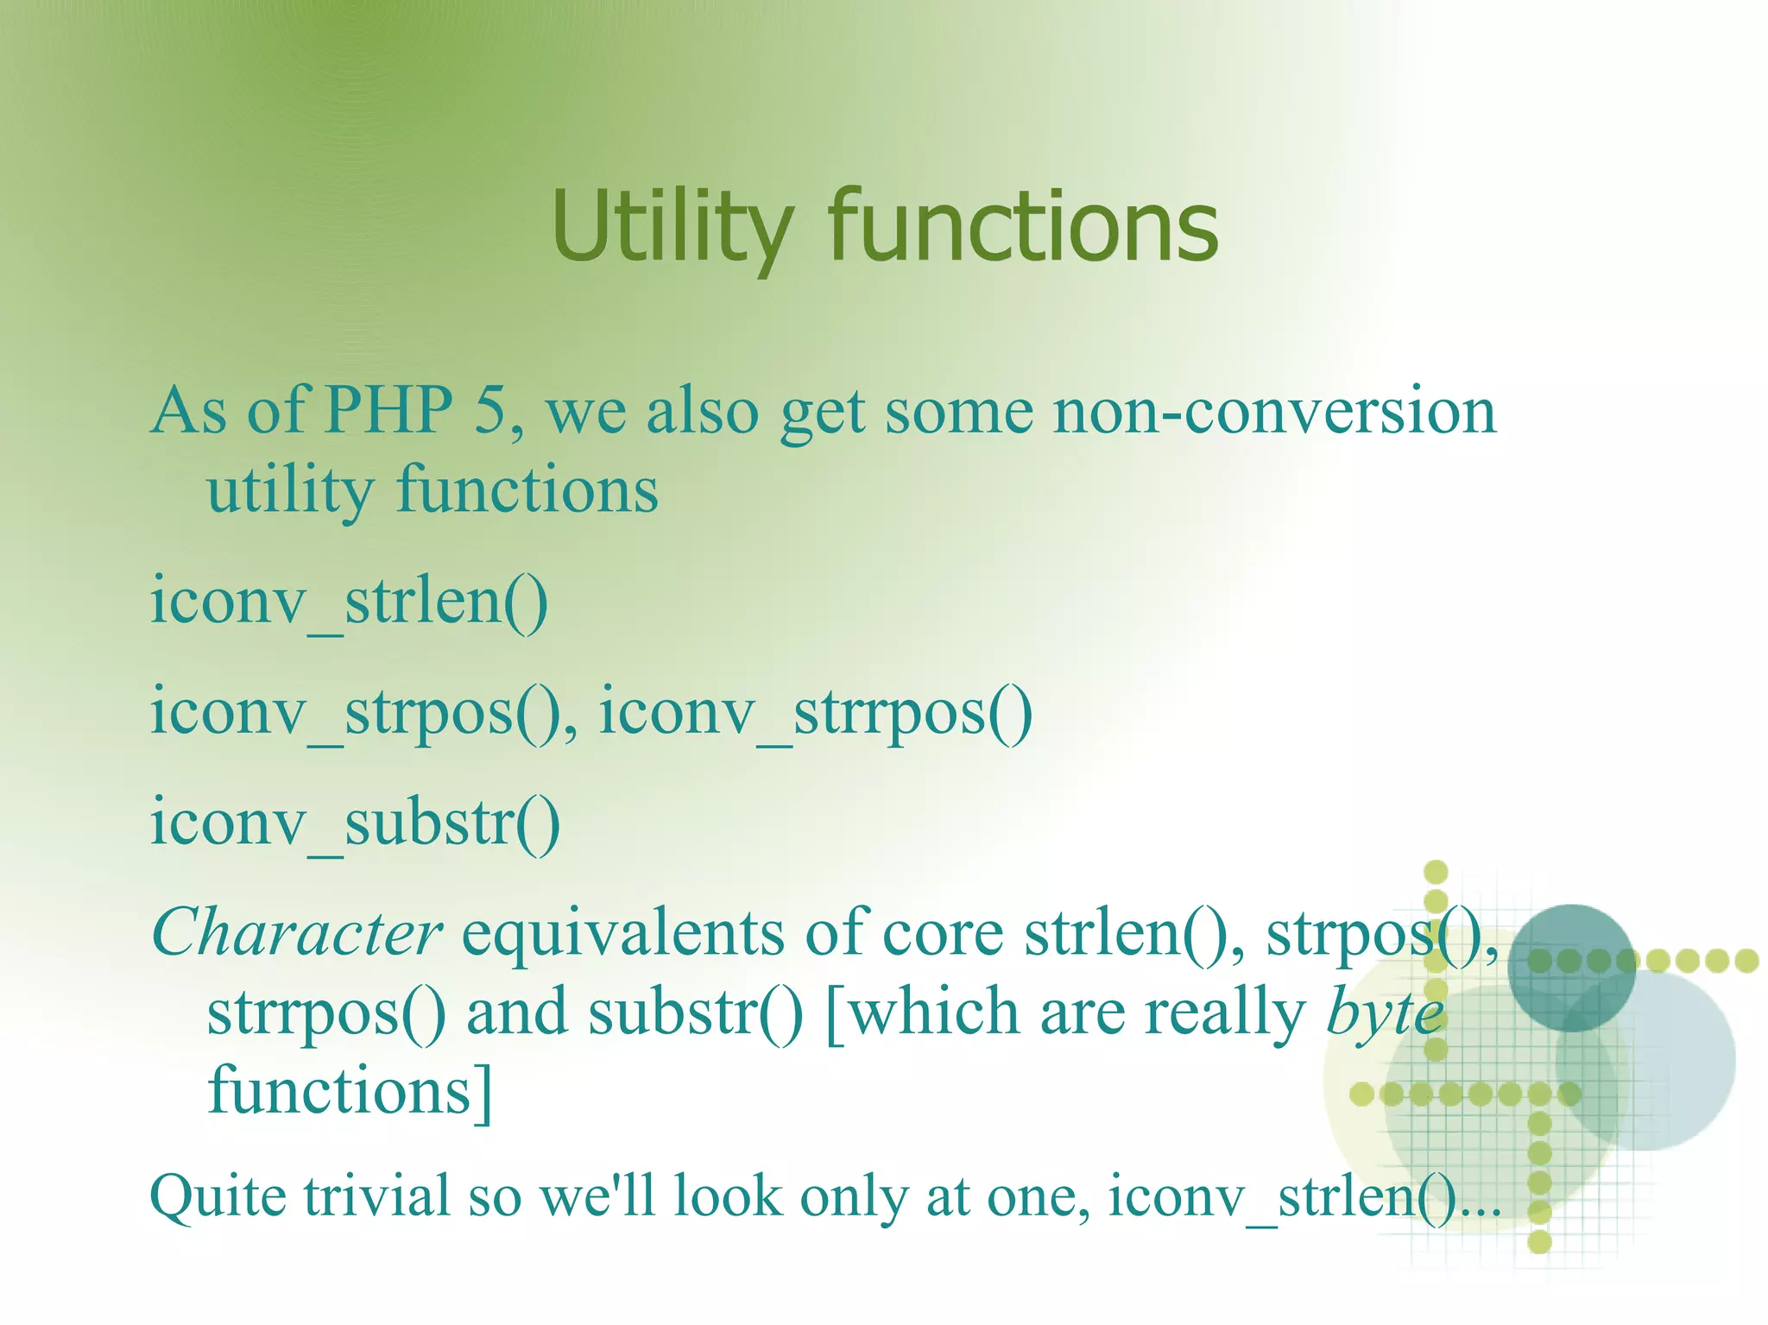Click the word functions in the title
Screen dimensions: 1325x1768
coord(1023,226)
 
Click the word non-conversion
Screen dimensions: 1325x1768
coord(1274,411)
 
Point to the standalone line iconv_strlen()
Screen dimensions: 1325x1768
coord(349,602)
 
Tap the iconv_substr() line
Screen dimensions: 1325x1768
coord(355,823)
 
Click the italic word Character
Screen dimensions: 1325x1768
coord(296,934)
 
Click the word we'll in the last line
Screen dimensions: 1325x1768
coord(597,1197)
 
